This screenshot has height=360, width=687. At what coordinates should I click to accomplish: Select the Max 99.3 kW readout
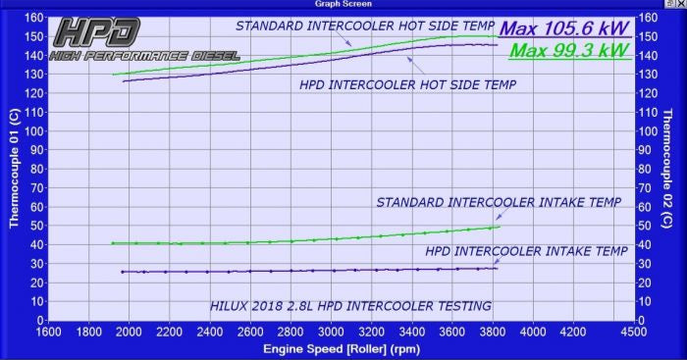pos(570,49)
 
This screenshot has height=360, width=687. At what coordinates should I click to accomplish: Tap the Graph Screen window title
pos(343,4)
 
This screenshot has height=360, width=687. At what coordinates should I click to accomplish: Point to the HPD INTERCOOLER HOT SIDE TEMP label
pos(407,85)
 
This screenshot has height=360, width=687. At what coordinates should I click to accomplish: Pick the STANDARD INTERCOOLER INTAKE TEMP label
pos(500,203)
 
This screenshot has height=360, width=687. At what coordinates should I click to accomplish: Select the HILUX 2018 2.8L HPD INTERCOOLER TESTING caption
pos(350,306)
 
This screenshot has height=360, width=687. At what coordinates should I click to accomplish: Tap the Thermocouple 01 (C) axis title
pos(14,169)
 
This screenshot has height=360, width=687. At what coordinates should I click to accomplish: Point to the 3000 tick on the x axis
pos(330,332)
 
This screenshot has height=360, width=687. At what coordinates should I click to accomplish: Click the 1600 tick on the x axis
pos(48,332)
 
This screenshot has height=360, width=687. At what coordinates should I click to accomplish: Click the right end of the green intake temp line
pos(500,227)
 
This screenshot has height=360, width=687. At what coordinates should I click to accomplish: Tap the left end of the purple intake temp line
pos(122,272)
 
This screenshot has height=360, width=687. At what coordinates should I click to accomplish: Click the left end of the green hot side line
pos(113,75)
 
